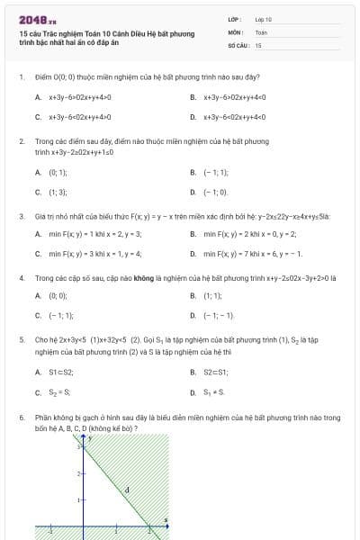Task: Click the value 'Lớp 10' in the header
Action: coord(263,18)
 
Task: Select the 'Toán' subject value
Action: coord(261,31)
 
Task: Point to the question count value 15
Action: coord(258,44)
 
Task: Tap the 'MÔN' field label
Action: coord(235,31)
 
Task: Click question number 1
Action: coord(21,77)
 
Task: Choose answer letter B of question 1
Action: coord(193,96)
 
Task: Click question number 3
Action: coord(21,216)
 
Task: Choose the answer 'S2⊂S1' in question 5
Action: coord(217,373)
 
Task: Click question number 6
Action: coord(21,418)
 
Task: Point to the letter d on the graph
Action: coord(128,490)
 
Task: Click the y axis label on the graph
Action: coord(90,437)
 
